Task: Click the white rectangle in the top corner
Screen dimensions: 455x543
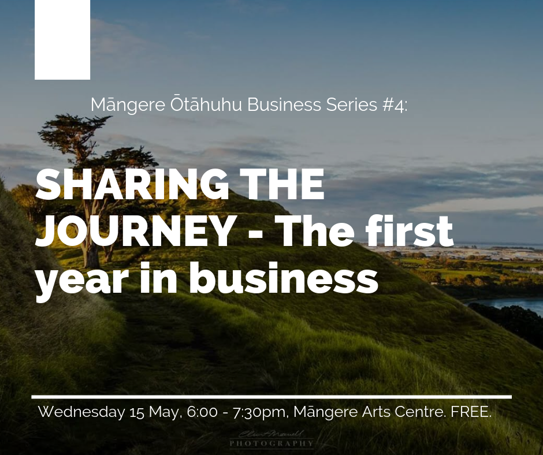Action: pyautogui.click(x=62, y=39)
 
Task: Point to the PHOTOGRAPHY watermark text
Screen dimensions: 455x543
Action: pyautogui.click(x=271, y=444)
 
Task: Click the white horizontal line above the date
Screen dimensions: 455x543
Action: pyautogui.click(x=271, y=397)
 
